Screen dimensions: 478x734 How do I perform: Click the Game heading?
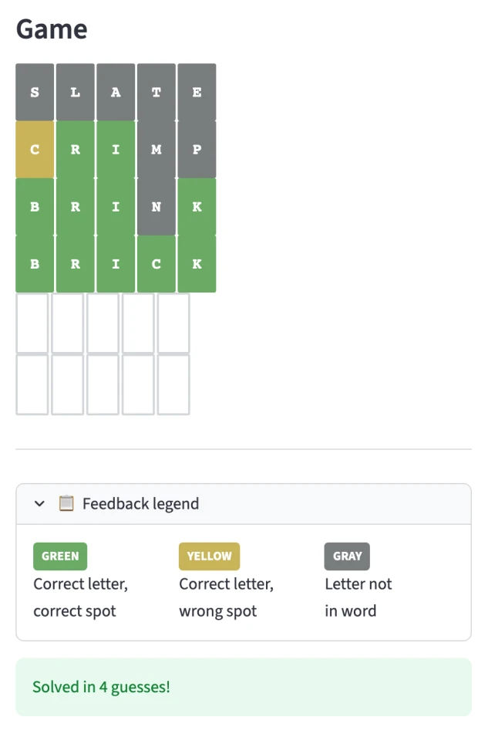pyautogui.click(x=52, y=29)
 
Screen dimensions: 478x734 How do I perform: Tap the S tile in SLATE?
pyautogui.click(x=35, y=92)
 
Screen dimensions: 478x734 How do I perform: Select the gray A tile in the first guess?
pyautogui.click(x=116, y=92)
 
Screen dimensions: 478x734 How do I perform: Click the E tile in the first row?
pyautogui.click(x=197, y=92)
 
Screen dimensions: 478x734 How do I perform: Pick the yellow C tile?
pyautogui.click(x=35, y=149)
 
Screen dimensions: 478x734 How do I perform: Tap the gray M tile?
pyautogui.click(x=157, y=149)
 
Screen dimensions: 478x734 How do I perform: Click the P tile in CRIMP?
pyautogui.click(x=197, y=149)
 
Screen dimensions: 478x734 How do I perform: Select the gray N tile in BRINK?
pyautogui.click(x=157, y=206)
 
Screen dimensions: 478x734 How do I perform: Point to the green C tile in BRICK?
pyautogui.click(x=157, y=264)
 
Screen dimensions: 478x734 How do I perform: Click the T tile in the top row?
pyautogui.click(x=157, y=92)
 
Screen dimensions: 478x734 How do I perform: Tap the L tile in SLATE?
pyautogui.click(x=76, y=92)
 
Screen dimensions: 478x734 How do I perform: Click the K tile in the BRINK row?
pyautogui.click(x=197, y=206)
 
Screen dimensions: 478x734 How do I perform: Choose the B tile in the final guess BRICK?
pyautogui.click(x=35, y=264)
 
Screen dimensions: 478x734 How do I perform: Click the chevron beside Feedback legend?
pyautogui.click(x=40, y=504)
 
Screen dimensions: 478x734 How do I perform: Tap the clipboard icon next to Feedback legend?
pyautogui.click(x=66, y=503)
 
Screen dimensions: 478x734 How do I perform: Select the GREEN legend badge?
pyautogui.click(x=60, y=556)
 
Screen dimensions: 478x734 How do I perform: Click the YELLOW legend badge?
pyautogui.click(x=209, y=556)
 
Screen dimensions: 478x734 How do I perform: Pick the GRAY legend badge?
pyautogui.click(x=347, y=556)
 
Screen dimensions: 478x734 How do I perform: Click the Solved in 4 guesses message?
pyautogui.click(x=101, y=687)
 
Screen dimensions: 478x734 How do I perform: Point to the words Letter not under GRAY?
pyautogui.click(x=358, y=583)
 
